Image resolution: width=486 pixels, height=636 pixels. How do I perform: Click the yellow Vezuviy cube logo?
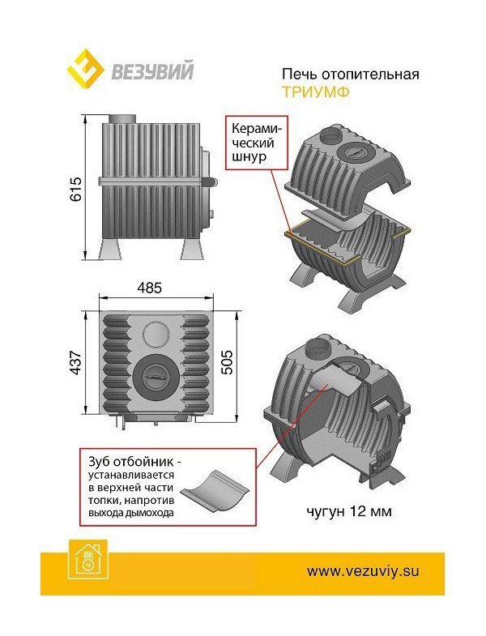tap(85, 69)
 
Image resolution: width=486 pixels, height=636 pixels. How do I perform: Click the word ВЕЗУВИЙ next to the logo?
tap(152, 70)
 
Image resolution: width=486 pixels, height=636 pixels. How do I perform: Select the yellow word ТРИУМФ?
tap(316, 92)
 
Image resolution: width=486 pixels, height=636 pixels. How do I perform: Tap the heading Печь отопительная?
tap(351, 75)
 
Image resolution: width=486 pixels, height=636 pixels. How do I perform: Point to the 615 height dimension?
tap(76, 189)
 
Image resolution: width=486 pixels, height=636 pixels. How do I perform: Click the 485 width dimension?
tap(149, 288)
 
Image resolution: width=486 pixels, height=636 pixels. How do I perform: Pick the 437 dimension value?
tap(76, 363)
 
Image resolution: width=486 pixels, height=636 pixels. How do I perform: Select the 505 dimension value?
tap(227, 362)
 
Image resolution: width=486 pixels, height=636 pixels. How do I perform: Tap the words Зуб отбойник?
tap(132, 462)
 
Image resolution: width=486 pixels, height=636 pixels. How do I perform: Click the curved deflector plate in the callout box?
tap(215, 491)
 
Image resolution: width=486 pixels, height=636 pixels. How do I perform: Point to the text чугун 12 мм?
tap(349, 511)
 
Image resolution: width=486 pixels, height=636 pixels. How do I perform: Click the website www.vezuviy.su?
tap(363, 571)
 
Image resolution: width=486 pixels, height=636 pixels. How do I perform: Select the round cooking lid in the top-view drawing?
tap(154, 376)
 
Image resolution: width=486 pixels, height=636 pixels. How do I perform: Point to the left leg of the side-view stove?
tap(110, 248)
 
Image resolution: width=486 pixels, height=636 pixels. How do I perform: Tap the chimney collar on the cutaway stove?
tap(318, 348)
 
